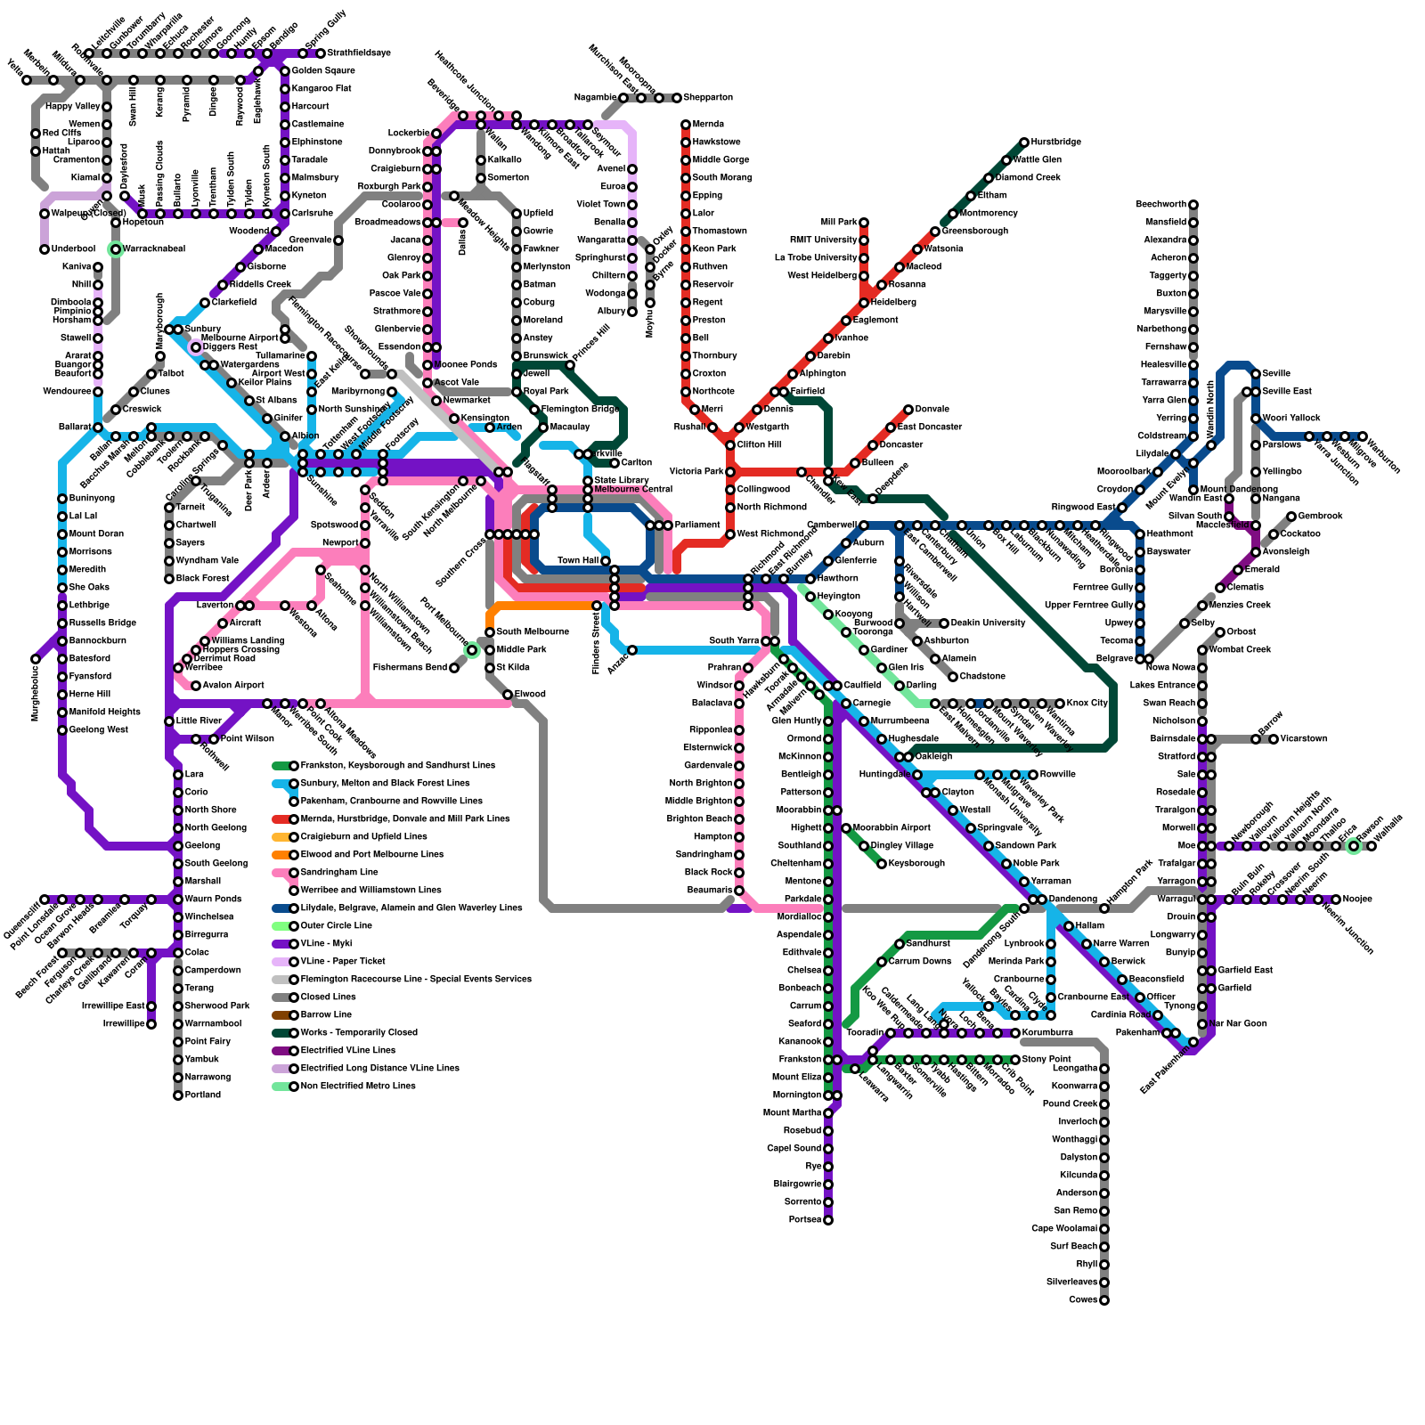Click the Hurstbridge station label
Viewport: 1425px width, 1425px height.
(x=1056, y=142)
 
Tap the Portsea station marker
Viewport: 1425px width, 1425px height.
(x=828, y=1220)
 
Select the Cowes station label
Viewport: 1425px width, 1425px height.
(x=1083, y=1300)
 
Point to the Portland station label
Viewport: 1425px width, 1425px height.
(x=203, y=1095)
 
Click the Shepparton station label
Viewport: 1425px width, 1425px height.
(x=709, y=98)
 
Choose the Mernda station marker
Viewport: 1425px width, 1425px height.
(x=686, y=125)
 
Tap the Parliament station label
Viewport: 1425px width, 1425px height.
(x=697, y=525)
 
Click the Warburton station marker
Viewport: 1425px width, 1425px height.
(x=1363, y=436)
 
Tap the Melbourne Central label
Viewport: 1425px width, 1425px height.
(x=633, y=490)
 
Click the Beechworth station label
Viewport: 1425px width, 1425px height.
(x=1161, y=205)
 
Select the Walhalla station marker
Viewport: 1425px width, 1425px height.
(x=1372, y=846)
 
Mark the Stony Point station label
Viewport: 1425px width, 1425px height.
(x=1046, y=1060)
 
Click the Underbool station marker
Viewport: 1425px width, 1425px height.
(x=45, y=249)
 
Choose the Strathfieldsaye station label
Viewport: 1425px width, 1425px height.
(x=359, y=53)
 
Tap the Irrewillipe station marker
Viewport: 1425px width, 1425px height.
(x=151, y=1024)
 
